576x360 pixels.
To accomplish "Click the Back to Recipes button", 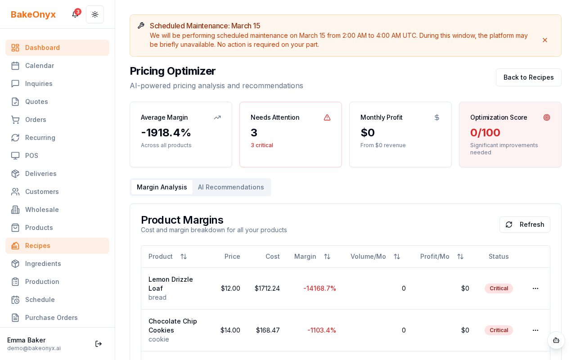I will point(528,77).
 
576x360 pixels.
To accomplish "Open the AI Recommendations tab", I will point(231,187).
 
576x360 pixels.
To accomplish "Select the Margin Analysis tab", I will point(162,187).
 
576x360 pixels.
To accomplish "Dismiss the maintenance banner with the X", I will point(545,40).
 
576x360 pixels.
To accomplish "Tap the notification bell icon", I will point(75,14).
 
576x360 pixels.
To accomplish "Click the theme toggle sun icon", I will point(95,14).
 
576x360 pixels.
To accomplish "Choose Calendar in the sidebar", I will point(40,66).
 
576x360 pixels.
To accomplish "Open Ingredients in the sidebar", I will point(43,264).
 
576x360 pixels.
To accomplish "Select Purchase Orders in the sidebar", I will point(51,318).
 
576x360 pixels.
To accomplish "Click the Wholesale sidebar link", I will point(42,210).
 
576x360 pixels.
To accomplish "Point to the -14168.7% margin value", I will point(319,288).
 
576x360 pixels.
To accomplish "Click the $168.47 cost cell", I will point(268,330).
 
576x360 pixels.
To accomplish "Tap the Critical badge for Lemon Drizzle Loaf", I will point(499,288).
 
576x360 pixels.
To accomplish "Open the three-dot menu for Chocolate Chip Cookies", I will point(535,330).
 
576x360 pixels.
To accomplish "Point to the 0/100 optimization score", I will point(485,133).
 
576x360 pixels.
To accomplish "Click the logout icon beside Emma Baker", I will point(99,344).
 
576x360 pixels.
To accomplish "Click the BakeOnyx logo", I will point(33,14).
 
